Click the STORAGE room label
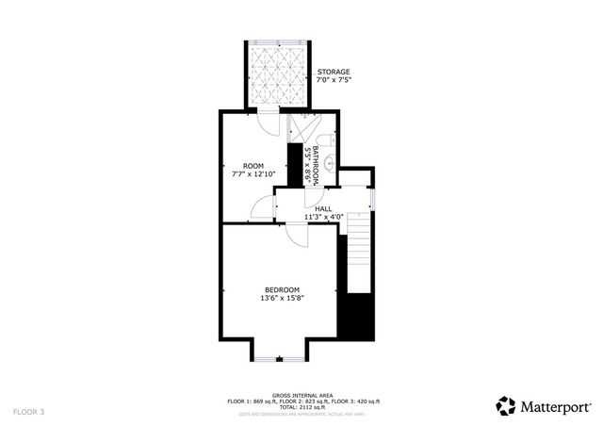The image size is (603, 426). click(x=334, y=73)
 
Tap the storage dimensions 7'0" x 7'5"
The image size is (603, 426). click(x=334, y=82)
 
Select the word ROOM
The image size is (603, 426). click(x=253, y=165)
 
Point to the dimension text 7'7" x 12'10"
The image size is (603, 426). click(x=253, y=174)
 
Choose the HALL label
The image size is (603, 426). click(x=323, y=209)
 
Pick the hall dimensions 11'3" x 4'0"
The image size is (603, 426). click(x=323, y=218)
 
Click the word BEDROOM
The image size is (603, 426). click(x=282, y=289)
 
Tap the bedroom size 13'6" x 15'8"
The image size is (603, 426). click(x=282, y=299)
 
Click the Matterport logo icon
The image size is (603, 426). click(x=506, y=405)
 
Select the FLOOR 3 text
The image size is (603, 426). click(x=28, y=412)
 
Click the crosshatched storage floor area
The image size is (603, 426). click(x=280, y=75)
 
